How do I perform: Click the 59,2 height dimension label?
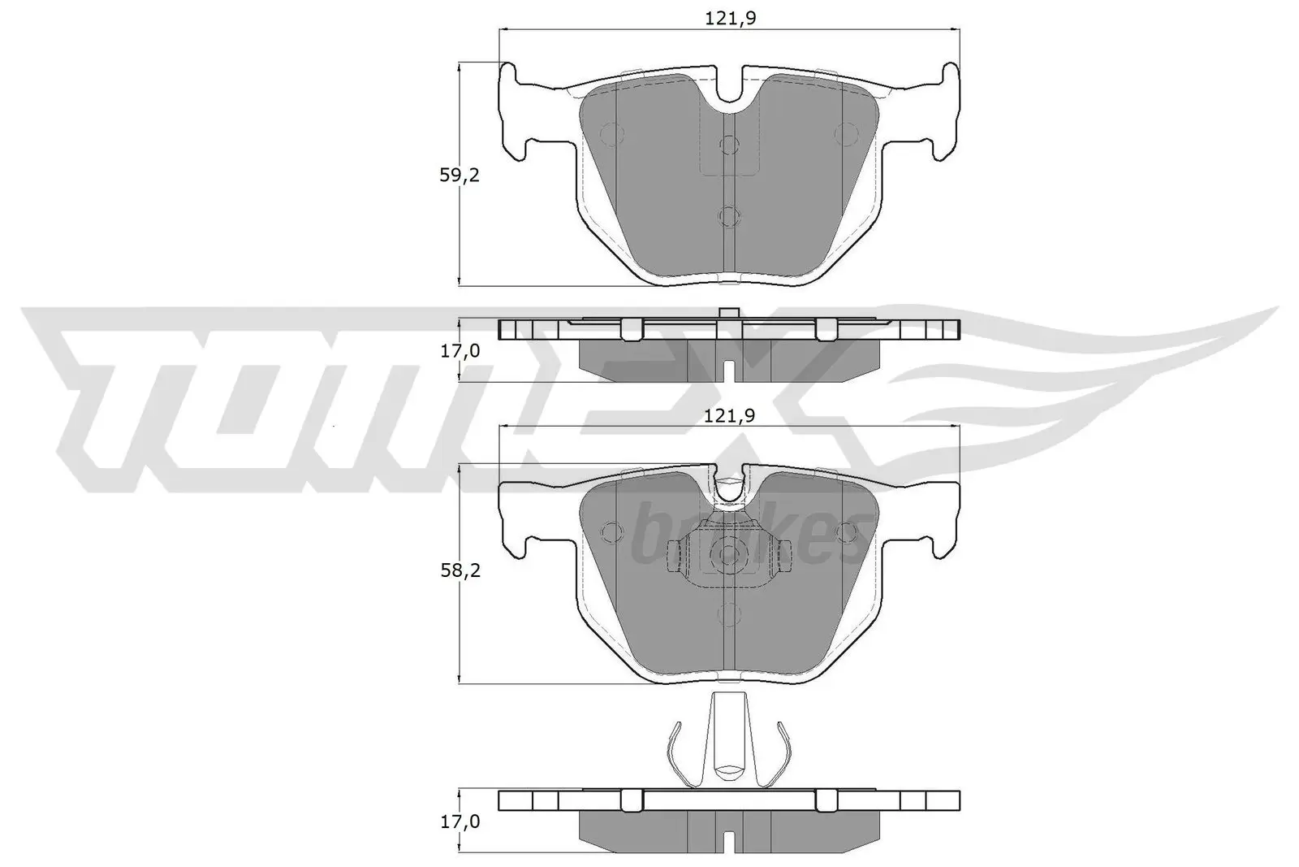(x=460, y=175)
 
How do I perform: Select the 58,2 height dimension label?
(x=460, y=571)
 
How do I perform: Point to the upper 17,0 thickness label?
(x=460, y=351)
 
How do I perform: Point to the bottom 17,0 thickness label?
(x=460, y=821)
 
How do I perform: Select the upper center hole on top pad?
(x=729, y=145)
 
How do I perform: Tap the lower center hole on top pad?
(x=729, y=215)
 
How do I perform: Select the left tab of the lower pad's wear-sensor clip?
(x=673, y=557)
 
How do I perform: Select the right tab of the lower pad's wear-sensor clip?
(x=785, y=557)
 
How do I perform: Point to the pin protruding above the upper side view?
(x=728, y=314)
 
